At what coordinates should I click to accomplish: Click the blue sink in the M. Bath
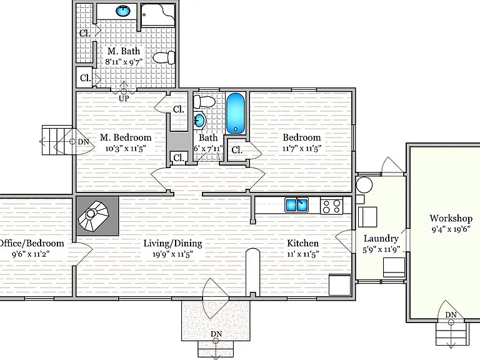(123, 11)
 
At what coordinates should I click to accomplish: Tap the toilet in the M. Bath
(164, 57)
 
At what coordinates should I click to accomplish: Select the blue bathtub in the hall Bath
(236, 113)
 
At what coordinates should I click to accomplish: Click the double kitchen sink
(296, 205)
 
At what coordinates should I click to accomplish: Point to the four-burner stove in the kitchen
(331, 206)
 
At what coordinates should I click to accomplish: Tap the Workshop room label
(451, 218)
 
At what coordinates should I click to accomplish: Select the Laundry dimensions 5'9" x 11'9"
(381, 249)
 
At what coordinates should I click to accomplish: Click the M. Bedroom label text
(126, 137)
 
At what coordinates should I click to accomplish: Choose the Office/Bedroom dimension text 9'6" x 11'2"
(31, 254)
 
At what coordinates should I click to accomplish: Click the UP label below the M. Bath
(124, 99)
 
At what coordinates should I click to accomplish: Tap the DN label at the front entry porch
(216, 334)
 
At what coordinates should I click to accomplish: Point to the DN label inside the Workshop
(451, 315)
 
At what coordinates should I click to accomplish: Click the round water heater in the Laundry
(364, 185)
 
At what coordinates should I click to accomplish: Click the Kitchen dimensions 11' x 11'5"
(302, 254)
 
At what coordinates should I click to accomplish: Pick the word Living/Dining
(173, 243)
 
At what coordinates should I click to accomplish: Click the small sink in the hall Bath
(199, 120)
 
